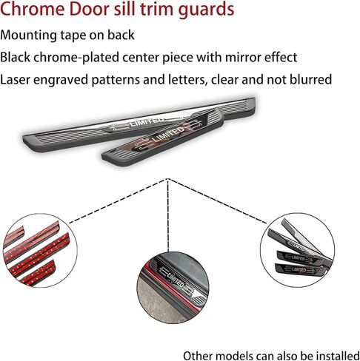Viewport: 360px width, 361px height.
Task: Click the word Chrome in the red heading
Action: click(x=33, y=9)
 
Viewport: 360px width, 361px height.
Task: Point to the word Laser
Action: click(x=15, y=80)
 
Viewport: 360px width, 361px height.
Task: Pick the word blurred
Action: click(x=310, y=80)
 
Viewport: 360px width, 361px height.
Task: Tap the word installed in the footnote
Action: click(x=338, y=356)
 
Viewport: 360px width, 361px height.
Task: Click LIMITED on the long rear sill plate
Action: click(x=147, y=121)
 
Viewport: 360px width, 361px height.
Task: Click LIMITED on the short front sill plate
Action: click(x=169, y=135)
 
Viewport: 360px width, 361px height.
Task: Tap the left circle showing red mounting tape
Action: click(x=39, y=250)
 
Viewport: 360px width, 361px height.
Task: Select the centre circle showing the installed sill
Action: click(x=173, y=288)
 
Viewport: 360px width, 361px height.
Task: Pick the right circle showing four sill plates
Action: click(x=297, y=250)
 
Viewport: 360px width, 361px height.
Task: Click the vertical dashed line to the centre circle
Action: click(x=168, y=215)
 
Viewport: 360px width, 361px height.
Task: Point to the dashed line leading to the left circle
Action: click(x=119, y=200)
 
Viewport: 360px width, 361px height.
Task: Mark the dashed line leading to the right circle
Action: click(x=217, y=201)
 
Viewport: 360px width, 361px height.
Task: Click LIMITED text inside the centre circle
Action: click(x=176, y=280)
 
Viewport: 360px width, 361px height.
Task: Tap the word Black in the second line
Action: click(x=15, y=57)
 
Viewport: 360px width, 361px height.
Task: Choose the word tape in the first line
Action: click(x=73, y=36)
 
